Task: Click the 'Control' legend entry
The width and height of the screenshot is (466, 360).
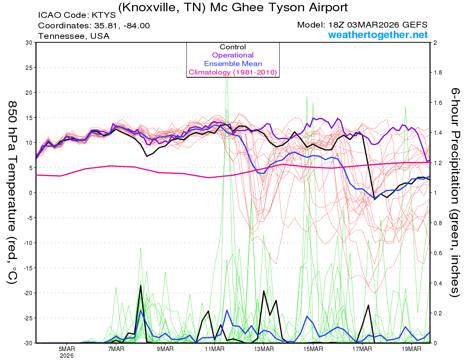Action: tap(233, 47)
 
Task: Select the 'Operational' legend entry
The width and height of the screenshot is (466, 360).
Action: tap(233, 55)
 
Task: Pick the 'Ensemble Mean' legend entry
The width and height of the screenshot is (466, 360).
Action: tap(233, 64)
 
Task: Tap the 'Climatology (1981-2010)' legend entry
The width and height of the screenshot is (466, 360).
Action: tap(233, 72)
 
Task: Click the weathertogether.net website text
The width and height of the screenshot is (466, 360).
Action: tap(378, 35)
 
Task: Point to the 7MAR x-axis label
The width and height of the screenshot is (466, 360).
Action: tap(116, 349)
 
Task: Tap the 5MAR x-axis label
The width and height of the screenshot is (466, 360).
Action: tap(67, 349)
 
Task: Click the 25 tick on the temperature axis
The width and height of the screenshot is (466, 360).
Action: tap(28, 68)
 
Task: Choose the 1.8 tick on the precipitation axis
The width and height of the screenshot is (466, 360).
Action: tap(438, 73)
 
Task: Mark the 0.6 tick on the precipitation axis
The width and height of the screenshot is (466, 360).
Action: tap(438, 253)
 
